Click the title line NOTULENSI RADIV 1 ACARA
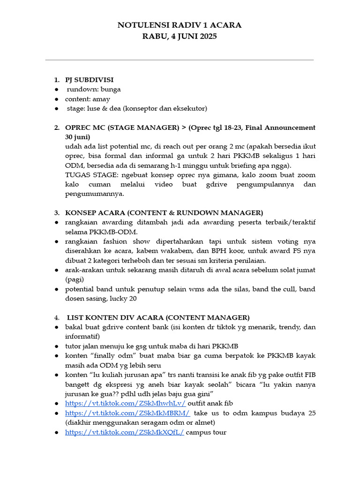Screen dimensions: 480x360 click(180, 25)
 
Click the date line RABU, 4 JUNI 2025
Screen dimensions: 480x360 click(180, 36)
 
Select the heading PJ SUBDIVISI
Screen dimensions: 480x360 click(89, 79)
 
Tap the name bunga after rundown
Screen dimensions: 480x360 click(112, 89)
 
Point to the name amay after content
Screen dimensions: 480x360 click(102, 99)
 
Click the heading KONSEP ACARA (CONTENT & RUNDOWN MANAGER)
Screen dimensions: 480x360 click(164, 212)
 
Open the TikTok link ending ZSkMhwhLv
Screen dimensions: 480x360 click(125, 403)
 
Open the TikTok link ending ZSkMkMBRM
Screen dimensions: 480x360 click(127, 413)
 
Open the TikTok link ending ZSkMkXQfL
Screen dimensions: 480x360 click(124, 432)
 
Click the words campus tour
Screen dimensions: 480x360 click(206, 432)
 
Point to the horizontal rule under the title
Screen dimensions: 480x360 click(180, 60)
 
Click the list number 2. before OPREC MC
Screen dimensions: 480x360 click(57, 127)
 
